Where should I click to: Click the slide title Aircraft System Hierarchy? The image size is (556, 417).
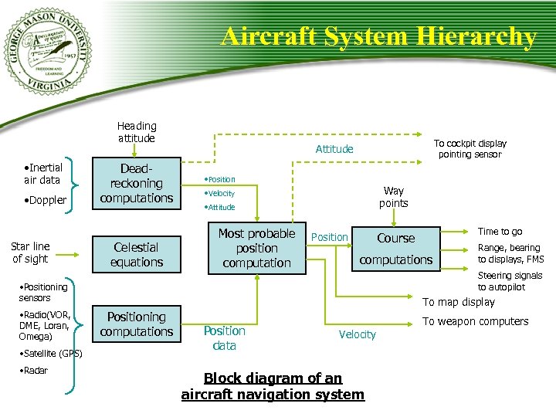point(378,36)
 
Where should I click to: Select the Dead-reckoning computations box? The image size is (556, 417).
point(136,184)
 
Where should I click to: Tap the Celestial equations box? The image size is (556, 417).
point(136,255)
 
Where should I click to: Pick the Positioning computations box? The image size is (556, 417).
point(136,324)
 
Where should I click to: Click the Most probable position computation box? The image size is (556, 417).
point(256,248)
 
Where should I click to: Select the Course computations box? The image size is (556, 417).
point(395,249)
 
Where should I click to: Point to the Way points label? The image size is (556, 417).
point(393,197)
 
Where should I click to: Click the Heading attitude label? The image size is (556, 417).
point(136,132)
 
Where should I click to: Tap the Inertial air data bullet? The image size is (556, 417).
point(42,174)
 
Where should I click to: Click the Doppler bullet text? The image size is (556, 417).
point(45,201)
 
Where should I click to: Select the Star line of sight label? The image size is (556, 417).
point(30,253)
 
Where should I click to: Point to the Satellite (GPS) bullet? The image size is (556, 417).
point(50,354)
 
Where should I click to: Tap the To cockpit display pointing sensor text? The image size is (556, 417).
point(470,149)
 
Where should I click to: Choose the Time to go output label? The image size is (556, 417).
point(500,232)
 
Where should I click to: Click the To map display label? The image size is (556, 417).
point(458,302)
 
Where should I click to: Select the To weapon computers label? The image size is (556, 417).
point(475,321)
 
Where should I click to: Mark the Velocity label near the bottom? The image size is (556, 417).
point(358,334)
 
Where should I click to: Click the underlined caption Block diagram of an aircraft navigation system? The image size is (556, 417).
point(272,387)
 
